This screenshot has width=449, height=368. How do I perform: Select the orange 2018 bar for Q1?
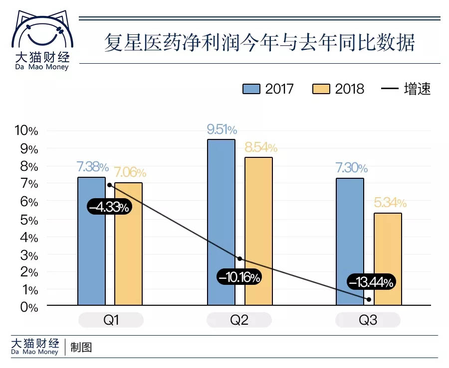(128, 244)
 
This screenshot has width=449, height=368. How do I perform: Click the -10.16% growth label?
(239, 277)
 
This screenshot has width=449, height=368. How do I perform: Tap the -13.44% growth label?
(371, 282)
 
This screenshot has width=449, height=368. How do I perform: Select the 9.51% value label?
(222, 130)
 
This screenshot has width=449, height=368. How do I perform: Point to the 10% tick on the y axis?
(26, 131)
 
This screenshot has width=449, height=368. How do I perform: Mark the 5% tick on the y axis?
(29, 220)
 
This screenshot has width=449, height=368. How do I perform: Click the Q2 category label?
(239, 320)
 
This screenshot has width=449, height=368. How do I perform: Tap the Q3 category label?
(368, 320)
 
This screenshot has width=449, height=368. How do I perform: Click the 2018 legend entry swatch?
(322, 89)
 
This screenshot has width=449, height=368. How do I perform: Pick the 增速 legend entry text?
(417, 89)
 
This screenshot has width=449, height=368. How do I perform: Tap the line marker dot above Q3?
(369, 299)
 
